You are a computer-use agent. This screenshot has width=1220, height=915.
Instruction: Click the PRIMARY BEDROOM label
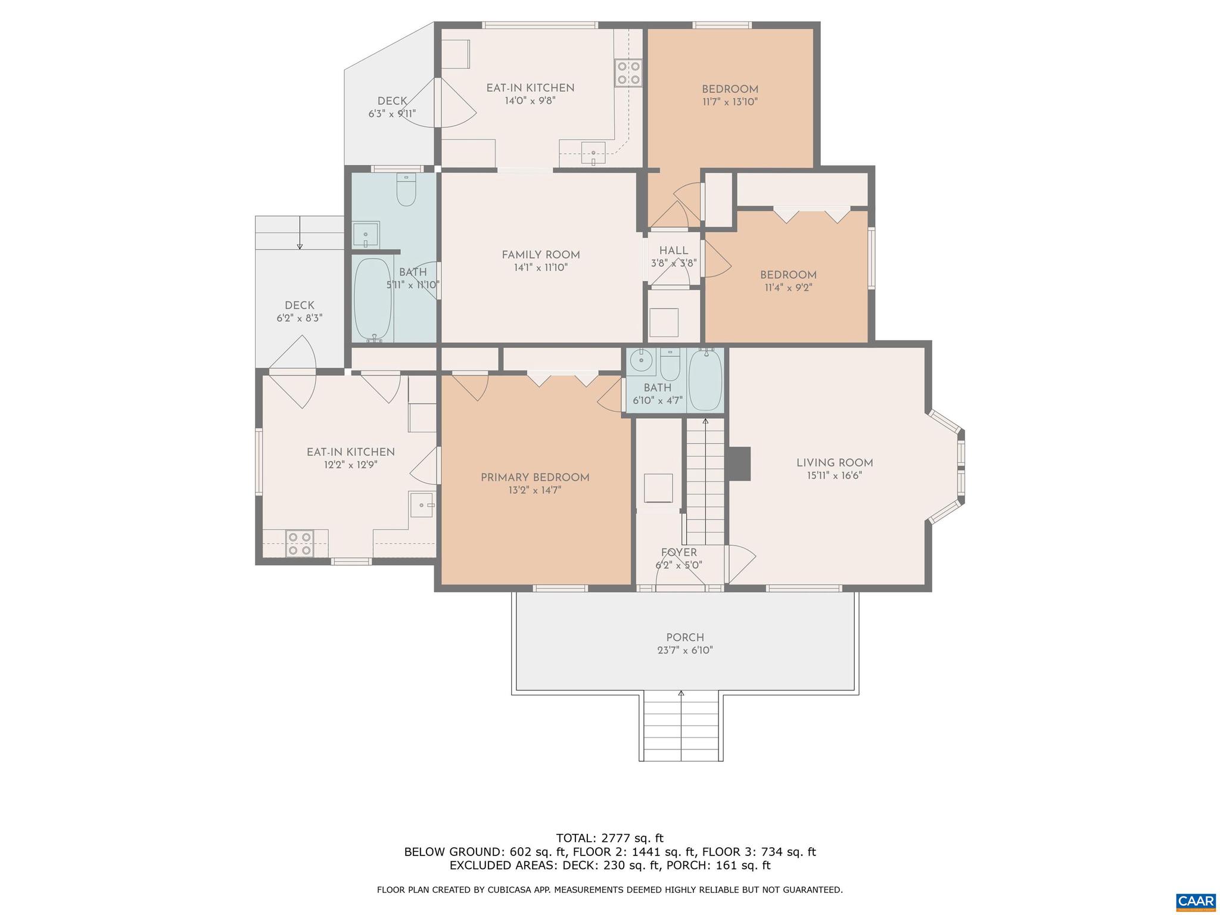click(x=535, y=477)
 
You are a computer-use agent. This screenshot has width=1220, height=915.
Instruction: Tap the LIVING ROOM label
click(x=835, y=463)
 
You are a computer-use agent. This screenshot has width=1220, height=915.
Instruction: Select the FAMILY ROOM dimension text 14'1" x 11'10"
click(x=540, y=268)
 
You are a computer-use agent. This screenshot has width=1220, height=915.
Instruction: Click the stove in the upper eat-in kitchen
click(x=628, y=73)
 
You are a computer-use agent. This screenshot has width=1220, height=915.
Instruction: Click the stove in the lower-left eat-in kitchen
click(x=299, y=543)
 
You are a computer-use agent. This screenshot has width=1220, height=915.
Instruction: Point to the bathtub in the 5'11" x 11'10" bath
click(x=373, y=299)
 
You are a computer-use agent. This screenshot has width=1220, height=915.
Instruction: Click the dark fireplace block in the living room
click(x=739, y=463)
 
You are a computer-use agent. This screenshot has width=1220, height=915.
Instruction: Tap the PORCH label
click(x=685, y=637)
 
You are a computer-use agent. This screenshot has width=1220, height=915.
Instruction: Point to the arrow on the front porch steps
click(x=681, y=693)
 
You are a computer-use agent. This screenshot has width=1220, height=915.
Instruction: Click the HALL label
click(x=673, y=251)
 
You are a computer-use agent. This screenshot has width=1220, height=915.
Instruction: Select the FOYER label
click(x=679, y=552)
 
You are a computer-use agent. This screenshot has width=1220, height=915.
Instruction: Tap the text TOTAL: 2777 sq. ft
click(x=609, y=838)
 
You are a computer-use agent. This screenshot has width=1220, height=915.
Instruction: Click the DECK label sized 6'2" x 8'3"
click(x=299, y=305)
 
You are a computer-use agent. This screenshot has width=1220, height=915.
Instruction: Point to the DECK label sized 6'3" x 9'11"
click(x=392, y=101)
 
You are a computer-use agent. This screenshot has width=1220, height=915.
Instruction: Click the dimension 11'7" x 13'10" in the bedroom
click(x=730, y=102)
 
